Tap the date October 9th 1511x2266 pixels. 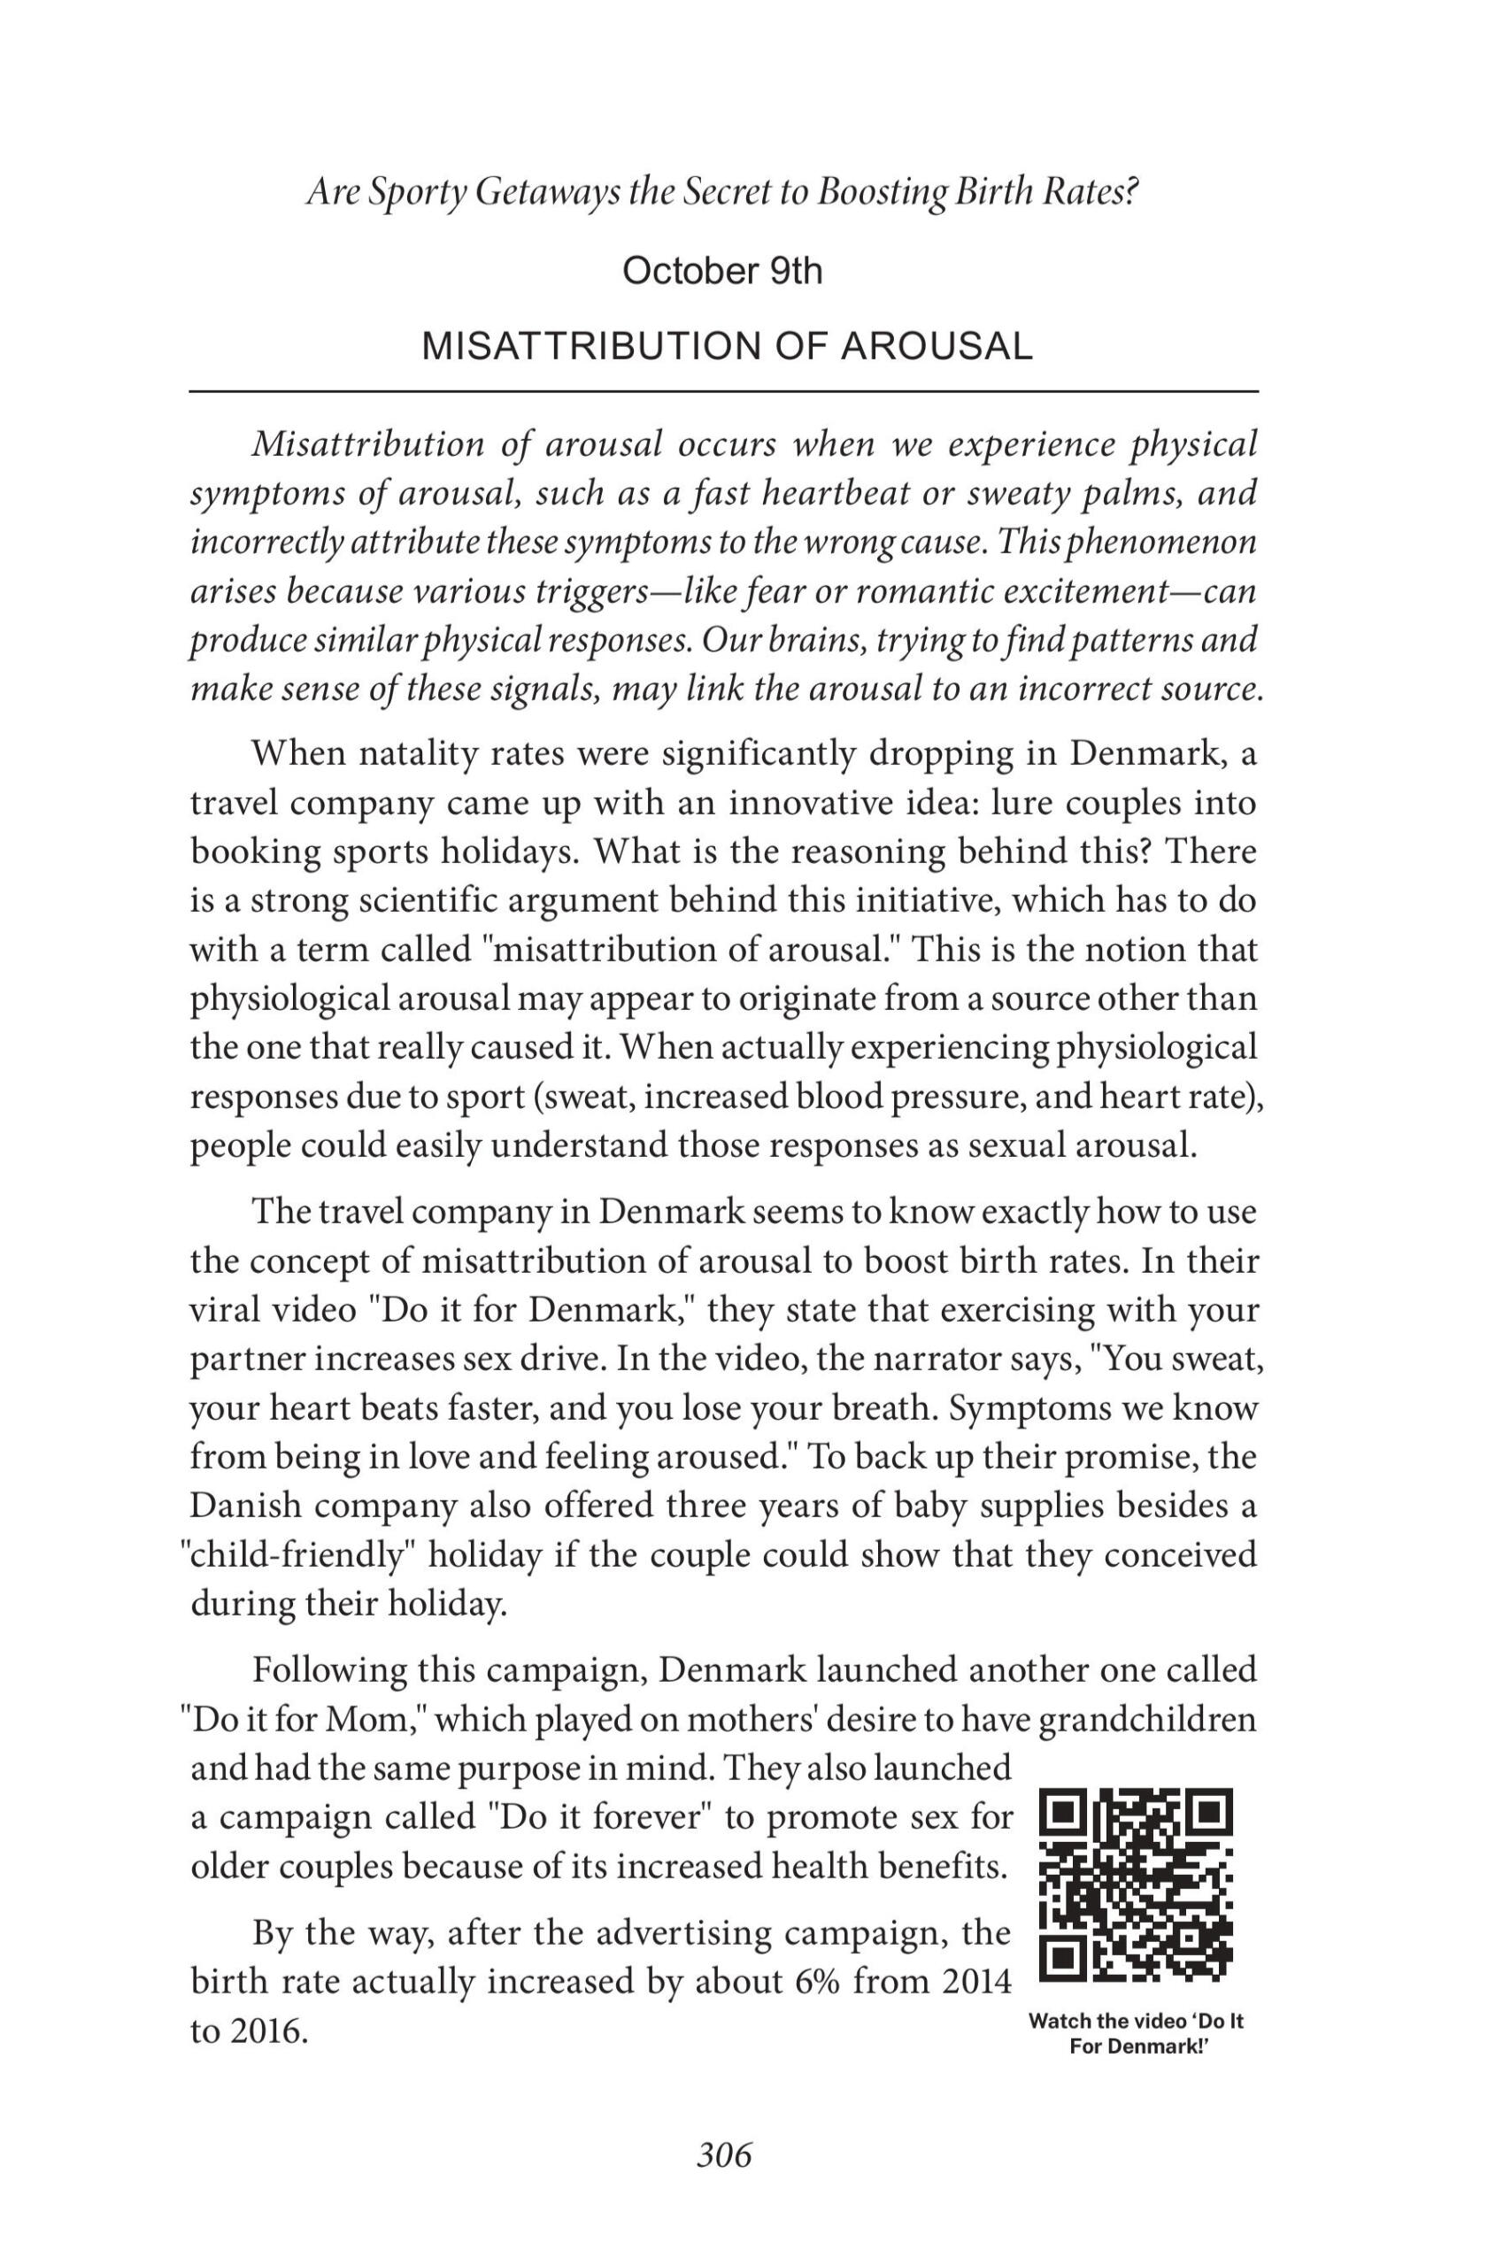pos(722,272)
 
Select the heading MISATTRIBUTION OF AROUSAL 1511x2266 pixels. pos(728,346)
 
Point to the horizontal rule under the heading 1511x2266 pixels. pos(724,391)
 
